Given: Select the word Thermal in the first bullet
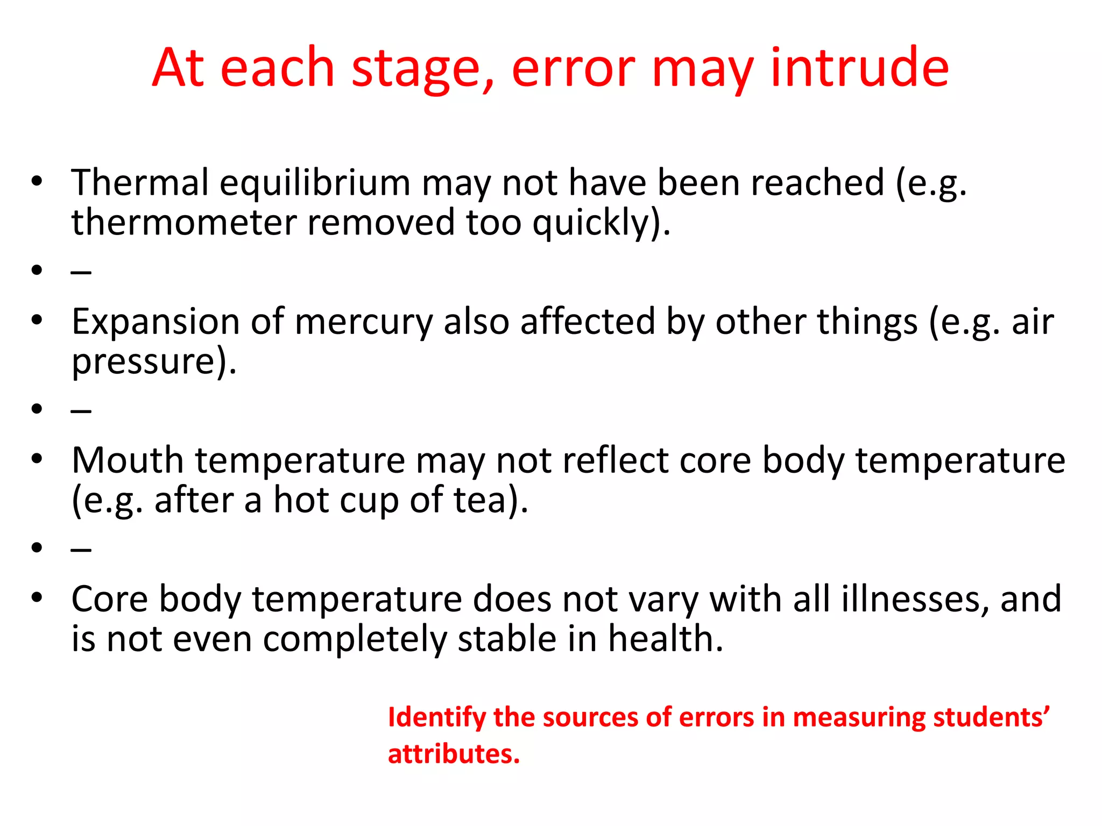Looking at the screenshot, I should [140, 182].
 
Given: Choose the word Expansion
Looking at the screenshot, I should [156, 323].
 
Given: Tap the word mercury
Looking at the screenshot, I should [364, 323].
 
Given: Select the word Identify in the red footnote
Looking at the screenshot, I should [436, 718].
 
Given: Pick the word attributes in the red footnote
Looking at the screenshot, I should [454, 754].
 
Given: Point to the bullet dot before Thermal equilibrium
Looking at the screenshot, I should [37, 181].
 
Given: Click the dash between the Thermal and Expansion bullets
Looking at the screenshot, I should [81, 272].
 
